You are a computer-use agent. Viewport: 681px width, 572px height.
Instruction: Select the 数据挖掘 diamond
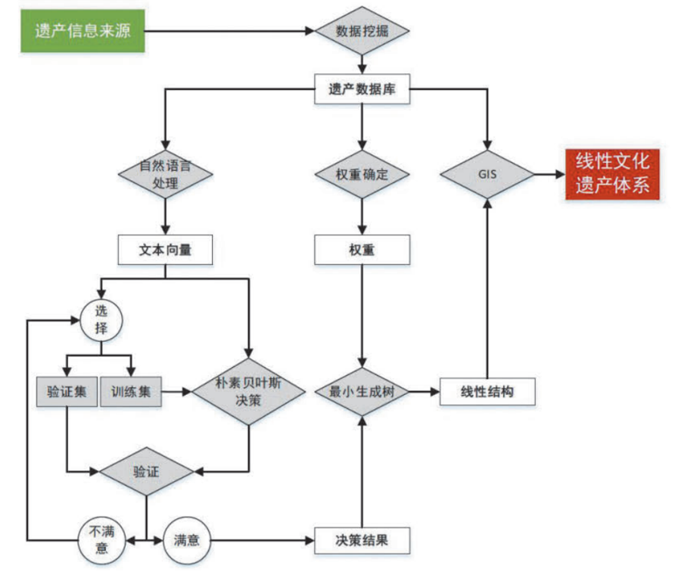(x=362, y=31)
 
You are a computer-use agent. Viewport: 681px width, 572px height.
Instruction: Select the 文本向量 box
(x=165, y=250)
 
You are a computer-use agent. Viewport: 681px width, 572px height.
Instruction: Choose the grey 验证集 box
(x=66, y=392)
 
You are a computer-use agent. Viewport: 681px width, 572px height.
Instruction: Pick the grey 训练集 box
(x=132, y=392)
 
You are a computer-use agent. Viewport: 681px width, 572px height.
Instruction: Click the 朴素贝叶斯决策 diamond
(x=249, y=392)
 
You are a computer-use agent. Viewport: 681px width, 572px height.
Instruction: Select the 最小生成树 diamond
(x=362, y=392)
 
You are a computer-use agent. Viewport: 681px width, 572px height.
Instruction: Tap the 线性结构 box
(x=486, y=392)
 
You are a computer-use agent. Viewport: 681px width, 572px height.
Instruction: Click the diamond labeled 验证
(x=146, y=472)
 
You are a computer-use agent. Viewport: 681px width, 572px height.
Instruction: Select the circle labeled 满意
(x=187, y=541)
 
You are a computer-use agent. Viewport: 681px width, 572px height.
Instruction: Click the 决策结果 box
(x=362, y=541)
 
